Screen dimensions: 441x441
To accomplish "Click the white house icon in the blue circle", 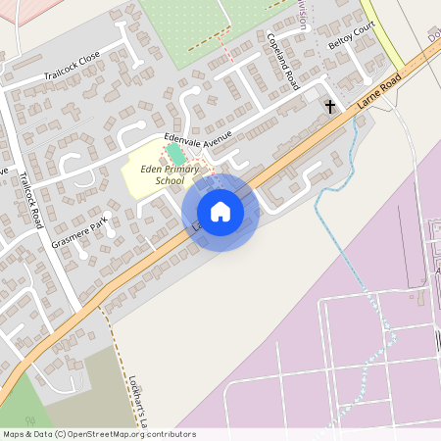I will click(x=220, y=211).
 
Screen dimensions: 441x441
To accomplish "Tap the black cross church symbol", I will click(x=329, y=106).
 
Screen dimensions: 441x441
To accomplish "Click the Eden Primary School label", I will click(x=163, y=174).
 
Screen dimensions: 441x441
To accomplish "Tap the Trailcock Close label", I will click(x=72, y=75).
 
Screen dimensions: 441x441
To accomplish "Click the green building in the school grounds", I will click(x=175, y=154).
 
